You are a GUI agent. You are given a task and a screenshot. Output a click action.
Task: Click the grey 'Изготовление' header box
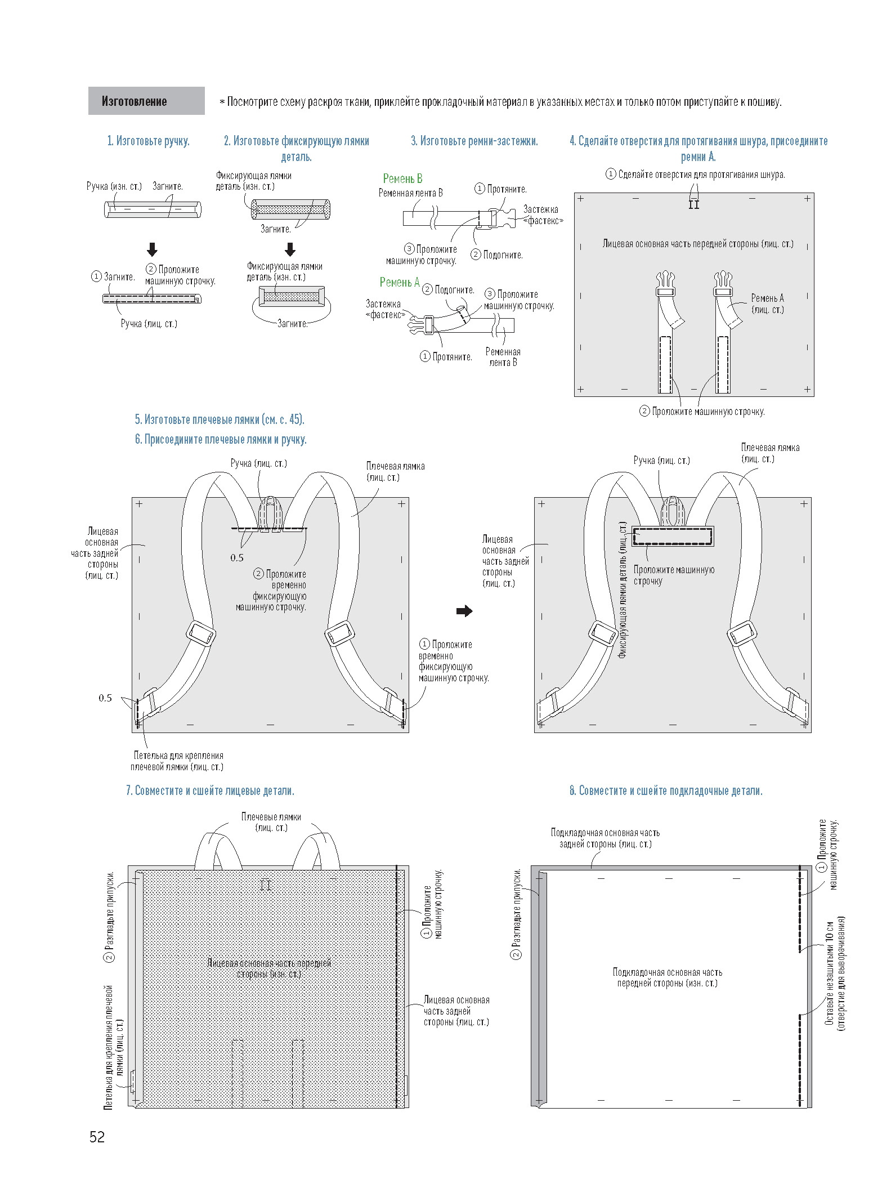[146, 101]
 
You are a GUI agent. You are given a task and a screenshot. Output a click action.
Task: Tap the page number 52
[97, 1137]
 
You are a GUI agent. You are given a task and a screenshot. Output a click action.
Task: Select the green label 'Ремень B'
[402, 178]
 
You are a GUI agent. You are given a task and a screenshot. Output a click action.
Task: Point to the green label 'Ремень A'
[400, 282]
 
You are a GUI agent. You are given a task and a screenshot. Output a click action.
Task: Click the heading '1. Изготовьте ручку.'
[149, 141]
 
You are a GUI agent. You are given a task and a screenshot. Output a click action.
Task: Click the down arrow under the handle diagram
[152, 249]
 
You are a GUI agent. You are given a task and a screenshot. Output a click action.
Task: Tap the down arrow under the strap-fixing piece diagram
[290, 249]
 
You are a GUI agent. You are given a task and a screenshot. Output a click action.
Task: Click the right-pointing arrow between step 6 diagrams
[464, 611]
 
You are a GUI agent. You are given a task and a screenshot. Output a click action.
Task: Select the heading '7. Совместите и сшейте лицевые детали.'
[210, 790]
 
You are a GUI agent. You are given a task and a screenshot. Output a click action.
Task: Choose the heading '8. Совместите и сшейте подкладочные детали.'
[666, 790]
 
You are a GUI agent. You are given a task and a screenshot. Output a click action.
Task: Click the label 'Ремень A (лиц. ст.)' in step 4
[767, 303]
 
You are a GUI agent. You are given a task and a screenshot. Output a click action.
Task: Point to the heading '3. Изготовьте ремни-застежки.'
[474, 141]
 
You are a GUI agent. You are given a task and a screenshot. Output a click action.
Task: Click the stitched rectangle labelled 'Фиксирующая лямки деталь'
[673, 536]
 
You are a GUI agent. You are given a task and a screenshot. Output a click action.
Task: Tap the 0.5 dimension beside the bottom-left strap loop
[105, 698]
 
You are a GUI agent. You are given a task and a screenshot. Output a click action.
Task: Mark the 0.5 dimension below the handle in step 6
[237, 557]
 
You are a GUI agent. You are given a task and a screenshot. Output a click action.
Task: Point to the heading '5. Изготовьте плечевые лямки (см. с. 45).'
[220, 419]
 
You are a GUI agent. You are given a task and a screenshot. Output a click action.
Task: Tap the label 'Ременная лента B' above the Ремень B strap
[410, 193]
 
